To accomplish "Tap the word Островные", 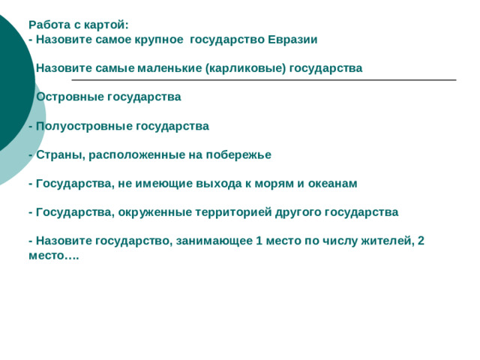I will [x=71, y=97].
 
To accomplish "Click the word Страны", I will [x=60, y=154].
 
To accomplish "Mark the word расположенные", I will [x=133, y=154].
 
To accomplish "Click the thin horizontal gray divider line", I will [x=262, y=79].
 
